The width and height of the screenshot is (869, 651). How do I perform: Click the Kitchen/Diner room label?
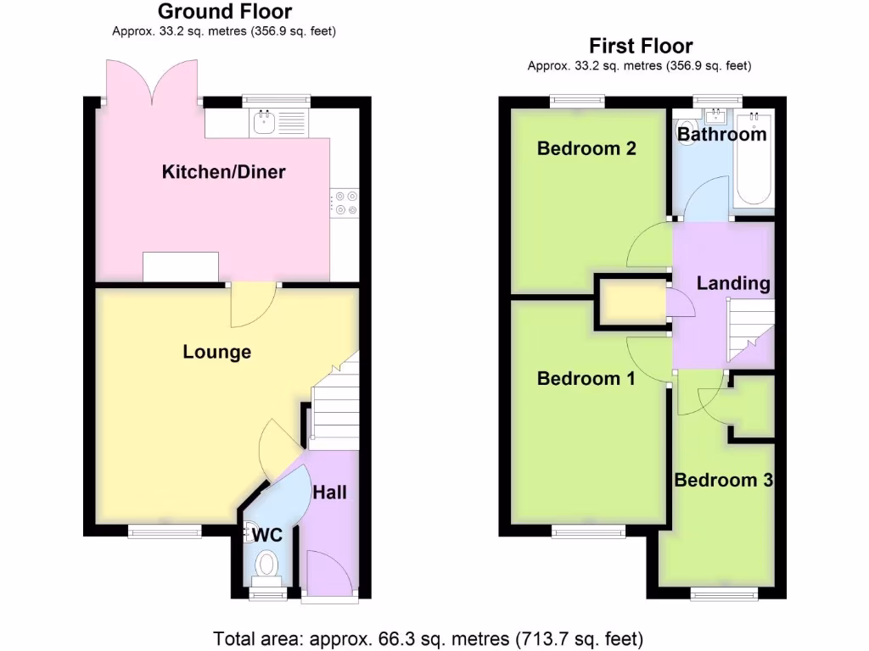click(223, 172)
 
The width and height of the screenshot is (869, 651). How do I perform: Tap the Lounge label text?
click(216, 352)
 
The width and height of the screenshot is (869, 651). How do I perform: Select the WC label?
click(266, 535)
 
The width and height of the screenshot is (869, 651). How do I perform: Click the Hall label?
click(329, 492)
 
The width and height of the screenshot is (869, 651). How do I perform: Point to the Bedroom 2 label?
click(586, 149)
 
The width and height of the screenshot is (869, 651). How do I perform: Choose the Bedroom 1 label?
click(586, 379)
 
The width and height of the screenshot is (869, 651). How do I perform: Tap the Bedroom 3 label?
click(723, 481)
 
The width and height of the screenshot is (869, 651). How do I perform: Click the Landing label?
click(733, 284)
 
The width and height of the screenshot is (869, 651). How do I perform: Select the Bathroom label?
click(722, 135)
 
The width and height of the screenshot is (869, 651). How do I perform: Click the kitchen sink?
click(263, 124)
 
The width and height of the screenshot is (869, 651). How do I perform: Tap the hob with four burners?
click(345, 203)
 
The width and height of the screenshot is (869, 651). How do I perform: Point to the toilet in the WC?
click(266, 565)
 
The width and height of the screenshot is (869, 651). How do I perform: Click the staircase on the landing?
click(752, 335)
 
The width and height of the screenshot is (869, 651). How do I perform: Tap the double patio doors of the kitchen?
click(153, 83)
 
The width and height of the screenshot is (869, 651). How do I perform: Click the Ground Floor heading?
click(225, 12)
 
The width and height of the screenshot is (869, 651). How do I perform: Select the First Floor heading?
click(641, 46)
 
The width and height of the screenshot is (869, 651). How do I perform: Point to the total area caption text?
click(429, 638)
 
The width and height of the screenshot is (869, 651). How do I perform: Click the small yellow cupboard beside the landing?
click(633, 303)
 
